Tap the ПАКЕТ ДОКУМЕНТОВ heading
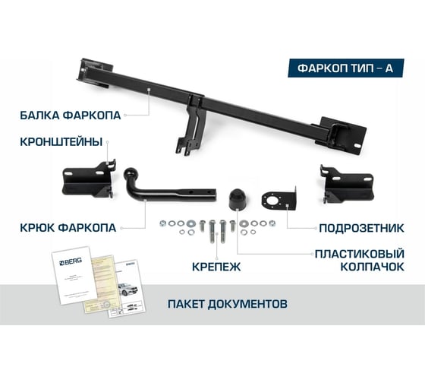(x=227, y=304)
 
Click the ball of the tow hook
(x=134, y=176)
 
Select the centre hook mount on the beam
(x=190, y=125)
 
